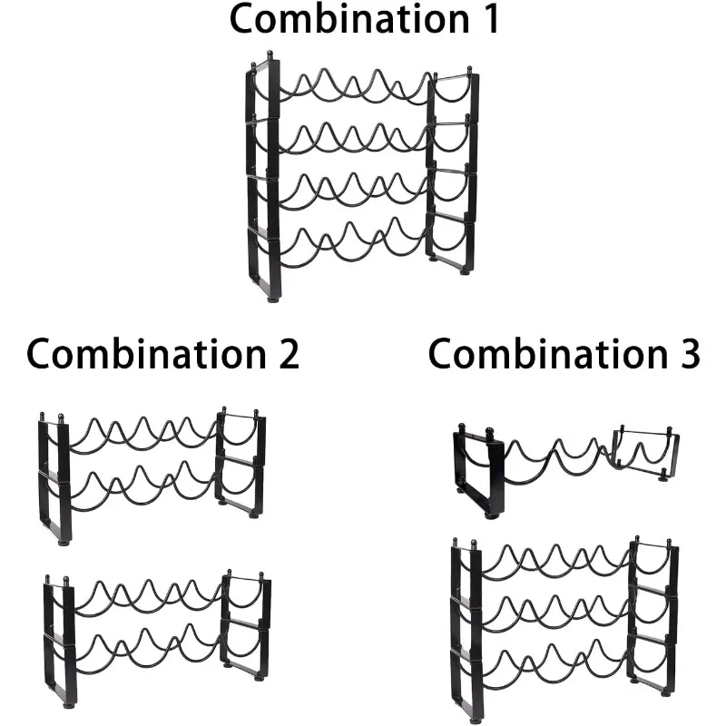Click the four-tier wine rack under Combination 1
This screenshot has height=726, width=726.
(361, 177)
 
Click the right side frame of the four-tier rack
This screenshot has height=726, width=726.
(452, 172)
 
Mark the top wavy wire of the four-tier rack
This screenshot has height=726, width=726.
(354, 86)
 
